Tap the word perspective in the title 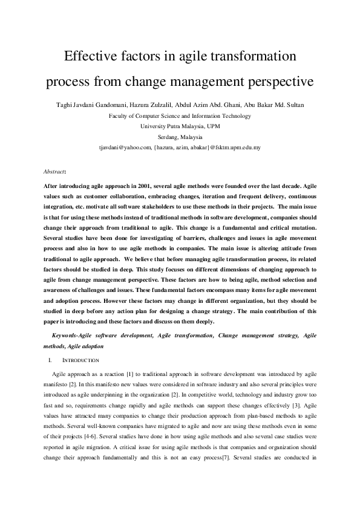coord(276,80)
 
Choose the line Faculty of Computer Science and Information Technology coord(179,115)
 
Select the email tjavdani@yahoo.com coord(125,147)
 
